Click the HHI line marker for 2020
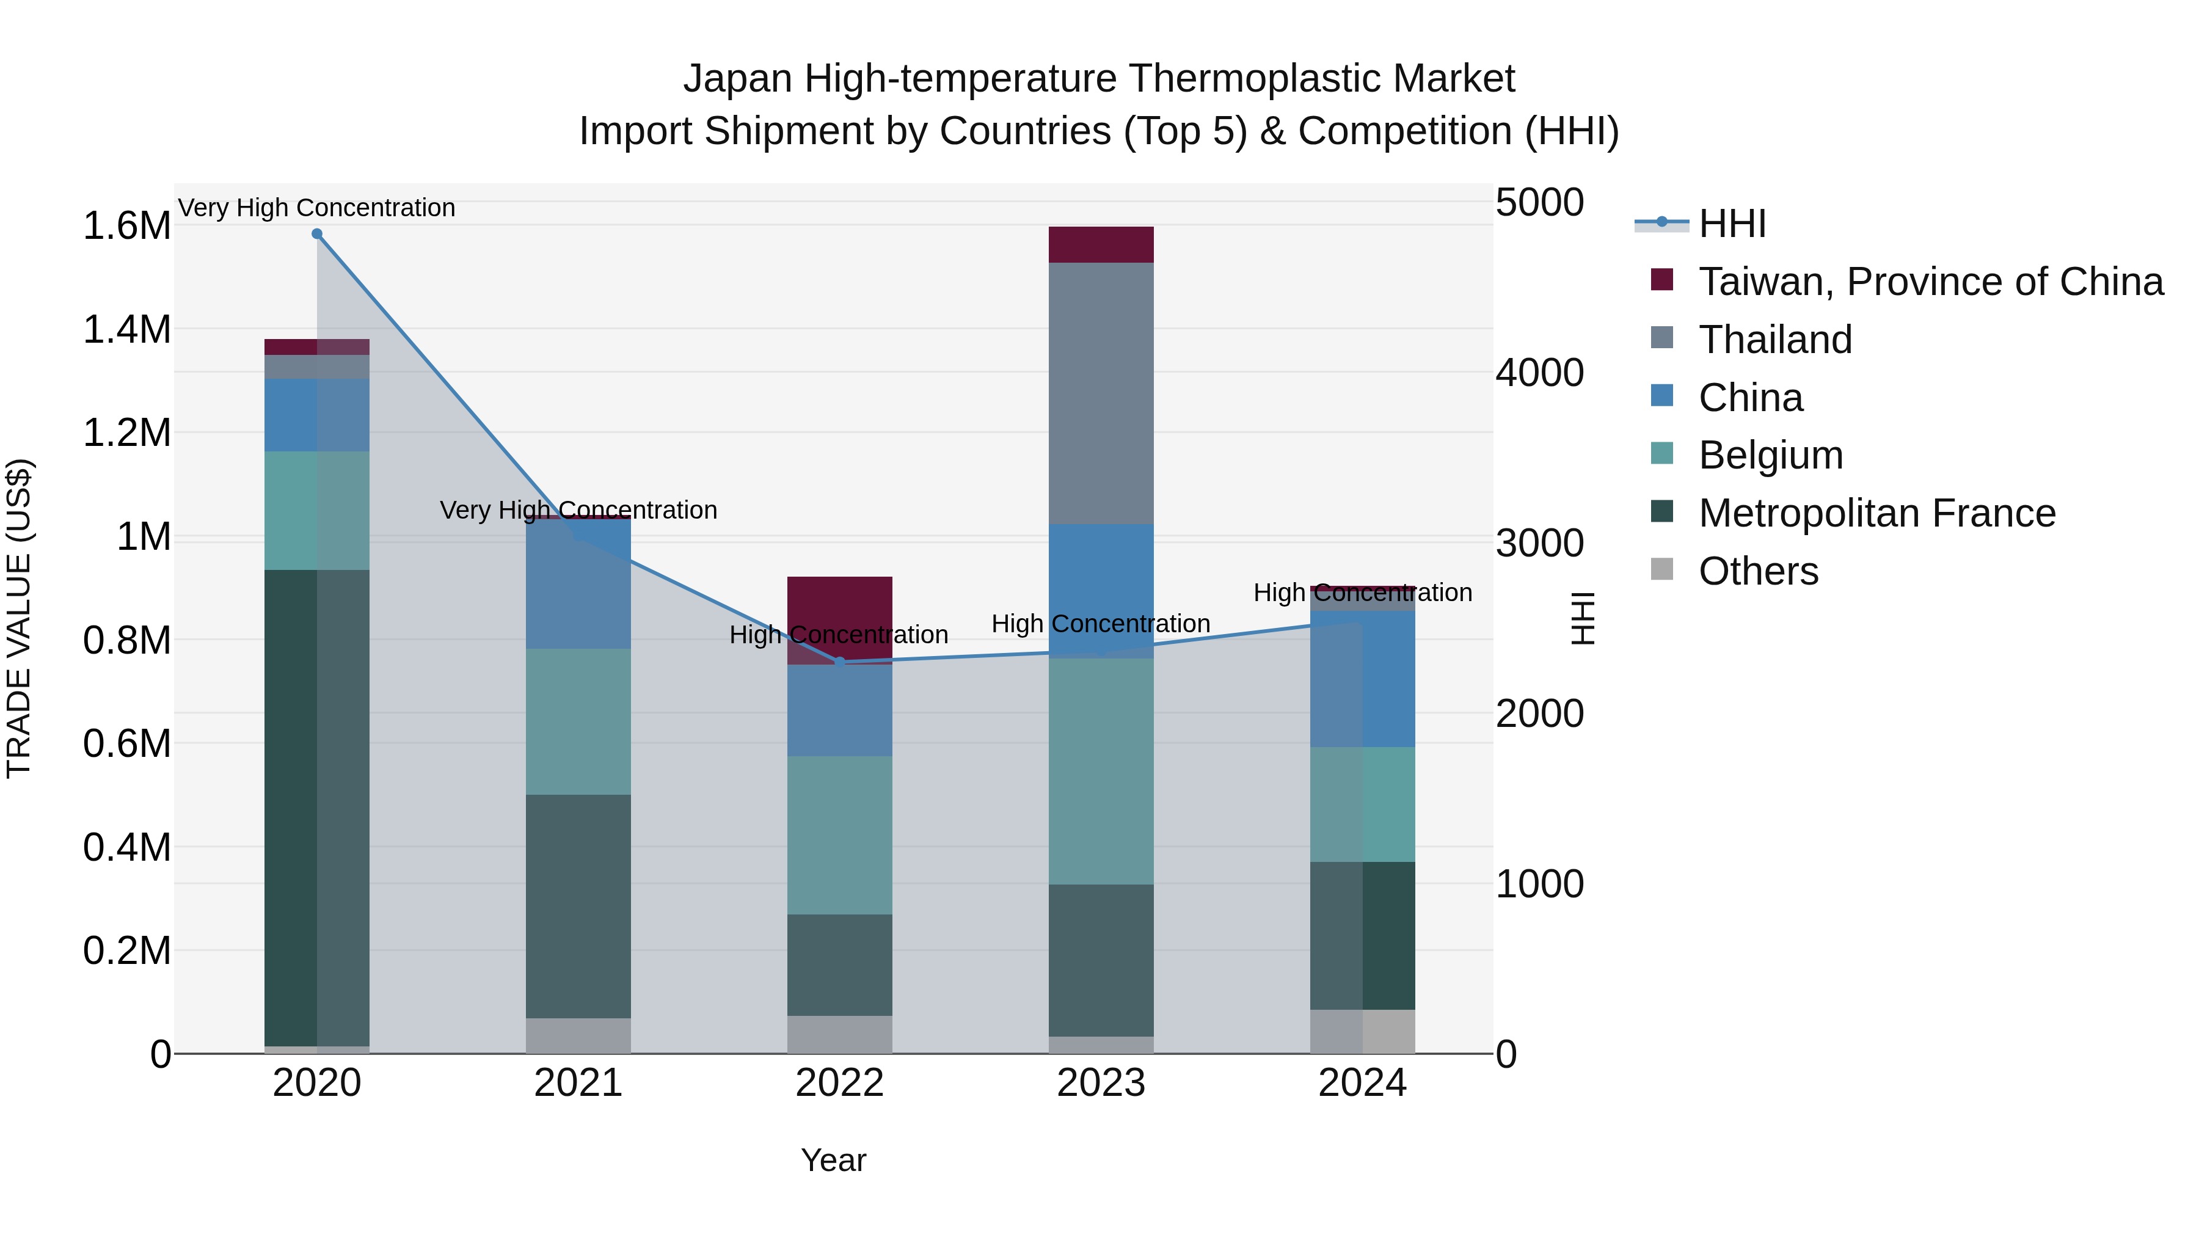click(316, 234)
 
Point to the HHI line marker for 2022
click(839, 662)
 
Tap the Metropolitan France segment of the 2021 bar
click(578, 905)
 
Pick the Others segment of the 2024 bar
click(1362, 1031)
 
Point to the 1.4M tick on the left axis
click(126, 329)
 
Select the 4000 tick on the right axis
click(1539, 373)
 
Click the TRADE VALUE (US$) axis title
click(19, 618)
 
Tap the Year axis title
click(833, 1160)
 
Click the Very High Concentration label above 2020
click(316, 208)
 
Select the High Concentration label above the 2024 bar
click(1362, 593)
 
